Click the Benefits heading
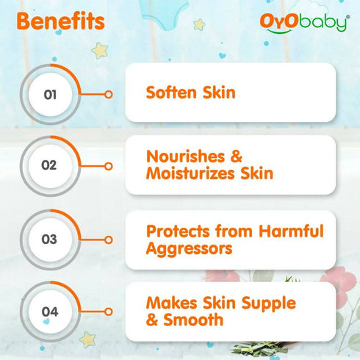(60, 21)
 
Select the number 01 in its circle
(50, 94)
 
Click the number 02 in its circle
(48, 165)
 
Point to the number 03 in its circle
(49, 239)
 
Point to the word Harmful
(287, 231)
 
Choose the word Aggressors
(190, 248)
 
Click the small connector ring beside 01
(109, 94)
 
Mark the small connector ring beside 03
(109, 239)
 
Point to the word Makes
(171, 303)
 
